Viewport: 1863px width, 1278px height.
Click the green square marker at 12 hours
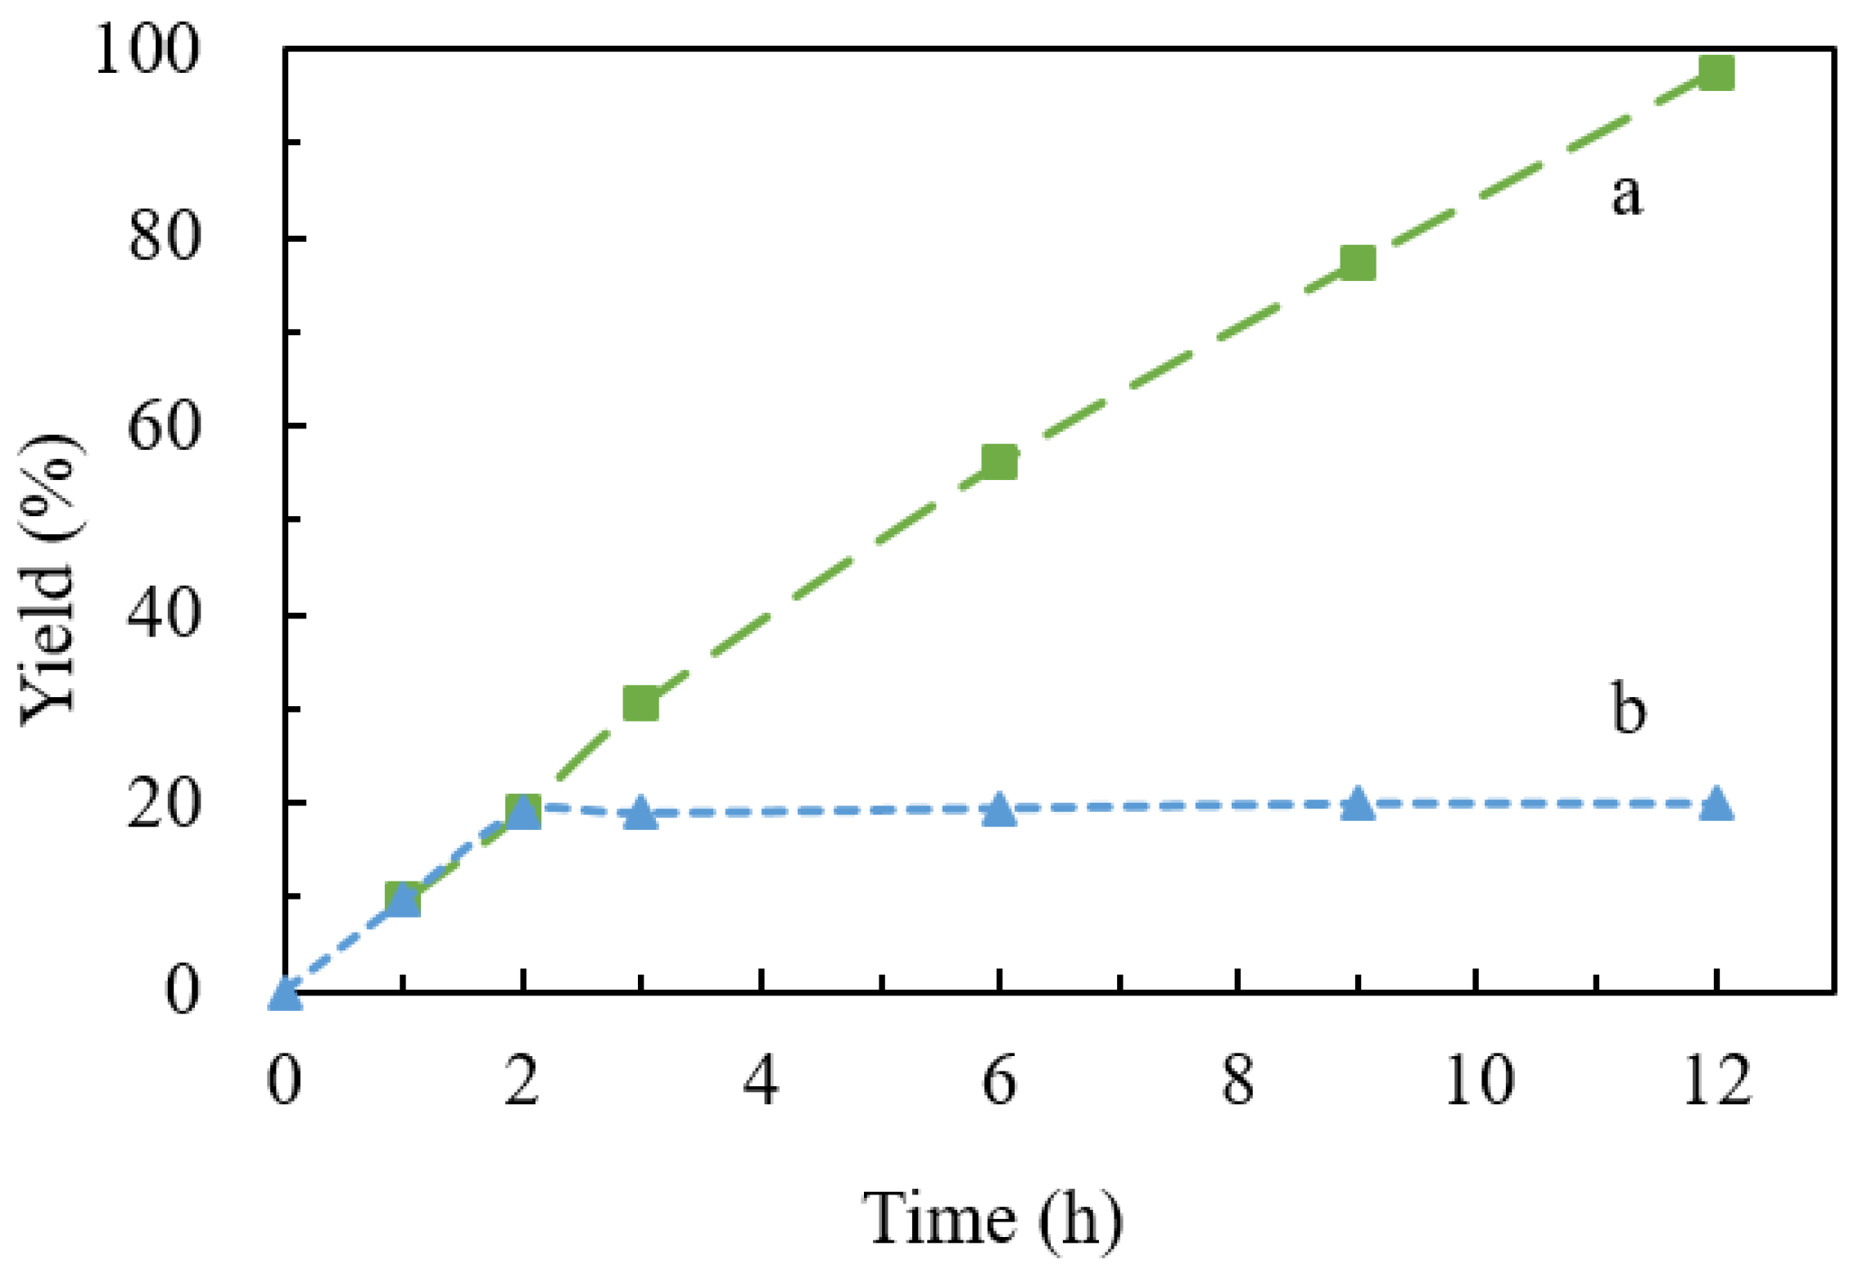[x=1716, y=73]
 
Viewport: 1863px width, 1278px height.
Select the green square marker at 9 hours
[x=1357, y=263]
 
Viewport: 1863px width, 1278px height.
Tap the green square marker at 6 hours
[x=999, y=462]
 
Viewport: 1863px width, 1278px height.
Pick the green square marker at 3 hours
[x=640, y=703]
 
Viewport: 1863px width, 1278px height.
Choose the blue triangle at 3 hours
[x=641, y=813]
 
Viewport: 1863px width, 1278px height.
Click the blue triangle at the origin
[x=284, y=994]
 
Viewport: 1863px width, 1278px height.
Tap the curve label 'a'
[x=1626, y=197]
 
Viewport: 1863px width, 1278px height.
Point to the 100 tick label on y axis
[x=147, y=51]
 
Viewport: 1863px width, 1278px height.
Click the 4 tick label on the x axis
[x=762, y=1081]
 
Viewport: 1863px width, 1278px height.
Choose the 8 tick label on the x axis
[x=1238, y=1081]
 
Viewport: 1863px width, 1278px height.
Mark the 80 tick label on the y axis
[x=164, y=238]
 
